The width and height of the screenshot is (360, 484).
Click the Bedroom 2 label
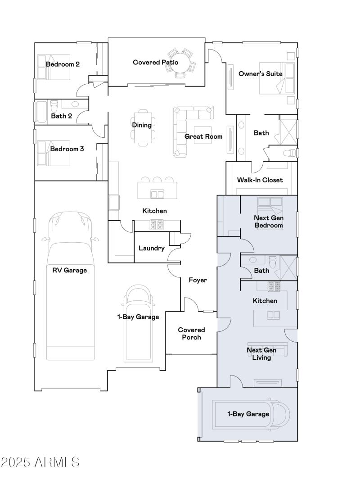pos(63,64)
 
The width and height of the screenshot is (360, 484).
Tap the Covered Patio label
pos(155,62)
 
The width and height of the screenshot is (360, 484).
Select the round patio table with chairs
pos(182,63)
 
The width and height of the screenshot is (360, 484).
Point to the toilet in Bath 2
pos(54,107)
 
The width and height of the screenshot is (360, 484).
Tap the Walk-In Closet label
pos(260,180)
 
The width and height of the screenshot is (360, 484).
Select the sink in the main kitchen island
pos(157,194)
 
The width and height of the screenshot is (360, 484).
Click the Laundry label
pos(151,248)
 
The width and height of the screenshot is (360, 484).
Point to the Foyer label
pos(198,280)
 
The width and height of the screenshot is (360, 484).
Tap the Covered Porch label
pos(191,334)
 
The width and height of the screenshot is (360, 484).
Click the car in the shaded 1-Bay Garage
pos(252,414)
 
